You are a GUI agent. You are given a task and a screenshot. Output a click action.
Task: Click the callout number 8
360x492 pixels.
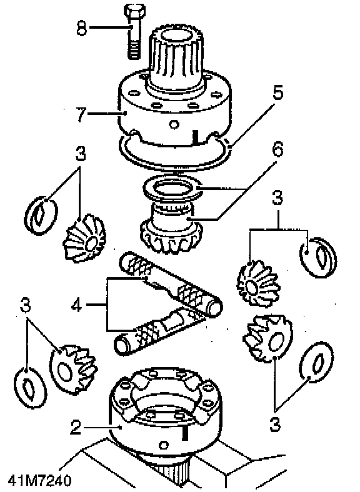[x=81, y=27]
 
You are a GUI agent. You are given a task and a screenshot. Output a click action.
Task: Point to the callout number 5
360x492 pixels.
[x=278, y=92]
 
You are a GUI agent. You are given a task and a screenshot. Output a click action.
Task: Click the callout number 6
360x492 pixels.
[x=277, y=149]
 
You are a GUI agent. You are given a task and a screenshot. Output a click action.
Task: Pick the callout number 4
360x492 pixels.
[x=77, y=305]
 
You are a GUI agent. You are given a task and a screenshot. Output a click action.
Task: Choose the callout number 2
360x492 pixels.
[x=76, y=427]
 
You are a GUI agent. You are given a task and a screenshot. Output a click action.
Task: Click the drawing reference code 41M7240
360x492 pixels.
[x=39, y=480]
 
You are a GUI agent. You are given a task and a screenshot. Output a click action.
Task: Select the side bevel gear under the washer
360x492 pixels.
[x=171, y=230]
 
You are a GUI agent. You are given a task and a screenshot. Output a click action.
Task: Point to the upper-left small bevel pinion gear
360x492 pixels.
[x=85, y=239]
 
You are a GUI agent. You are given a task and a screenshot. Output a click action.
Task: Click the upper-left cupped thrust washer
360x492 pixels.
[x=41, y=215]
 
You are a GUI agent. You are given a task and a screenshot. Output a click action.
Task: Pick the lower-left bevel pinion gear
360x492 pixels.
[x=74, y=369]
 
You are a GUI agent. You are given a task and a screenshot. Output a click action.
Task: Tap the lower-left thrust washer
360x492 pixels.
[x=31, y=388]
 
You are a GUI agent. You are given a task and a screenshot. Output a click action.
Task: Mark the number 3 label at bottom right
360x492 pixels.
[x=275, y=425]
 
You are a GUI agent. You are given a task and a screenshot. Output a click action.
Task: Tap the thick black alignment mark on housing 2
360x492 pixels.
[x=185, y=433]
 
